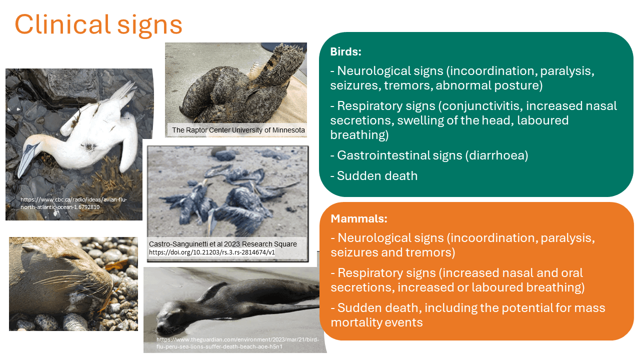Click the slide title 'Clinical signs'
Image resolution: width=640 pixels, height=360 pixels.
(98, 23)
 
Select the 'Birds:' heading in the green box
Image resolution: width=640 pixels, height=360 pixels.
(345, 52)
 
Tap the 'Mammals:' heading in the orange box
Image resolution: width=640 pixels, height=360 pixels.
(359, 218)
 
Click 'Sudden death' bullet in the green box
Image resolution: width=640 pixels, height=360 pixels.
(377, 175)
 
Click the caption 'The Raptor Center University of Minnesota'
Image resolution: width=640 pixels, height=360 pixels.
(238, 130)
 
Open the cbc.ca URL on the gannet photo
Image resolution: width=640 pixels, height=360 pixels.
(73, 203)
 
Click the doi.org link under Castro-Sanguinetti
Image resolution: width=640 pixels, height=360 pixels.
(211, 252)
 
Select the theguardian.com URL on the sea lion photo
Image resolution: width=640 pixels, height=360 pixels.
(237, 342)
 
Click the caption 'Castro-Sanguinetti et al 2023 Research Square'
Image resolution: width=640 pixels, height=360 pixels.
(222, 244)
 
